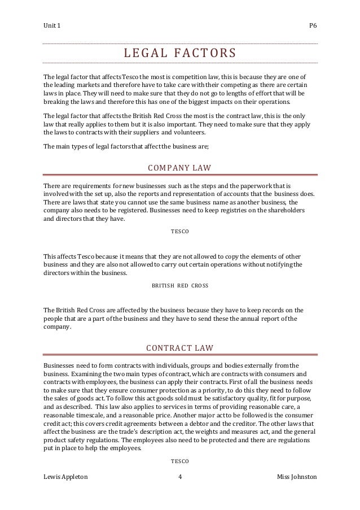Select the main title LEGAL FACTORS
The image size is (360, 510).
coord(180,54)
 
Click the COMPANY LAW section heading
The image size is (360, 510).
coord(180,168)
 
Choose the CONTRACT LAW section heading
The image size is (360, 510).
coord(180,346)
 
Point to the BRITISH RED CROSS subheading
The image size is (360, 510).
coord(180,286)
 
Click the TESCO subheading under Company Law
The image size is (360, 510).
coord(180,232)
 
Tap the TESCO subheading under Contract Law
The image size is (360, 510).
coord(180,461)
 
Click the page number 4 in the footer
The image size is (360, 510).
coord(179,478)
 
